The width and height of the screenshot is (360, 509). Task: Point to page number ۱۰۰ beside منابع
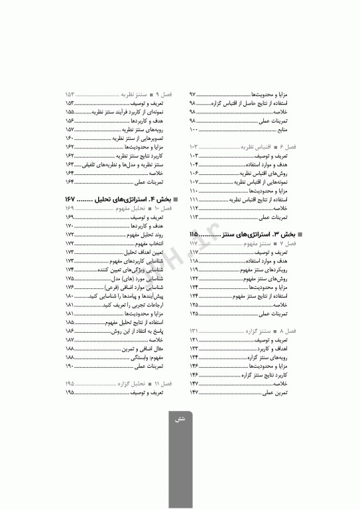coord(194,131)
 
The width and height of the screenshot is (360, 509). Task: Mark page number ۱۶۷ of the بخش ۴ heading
coord(72,199)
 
